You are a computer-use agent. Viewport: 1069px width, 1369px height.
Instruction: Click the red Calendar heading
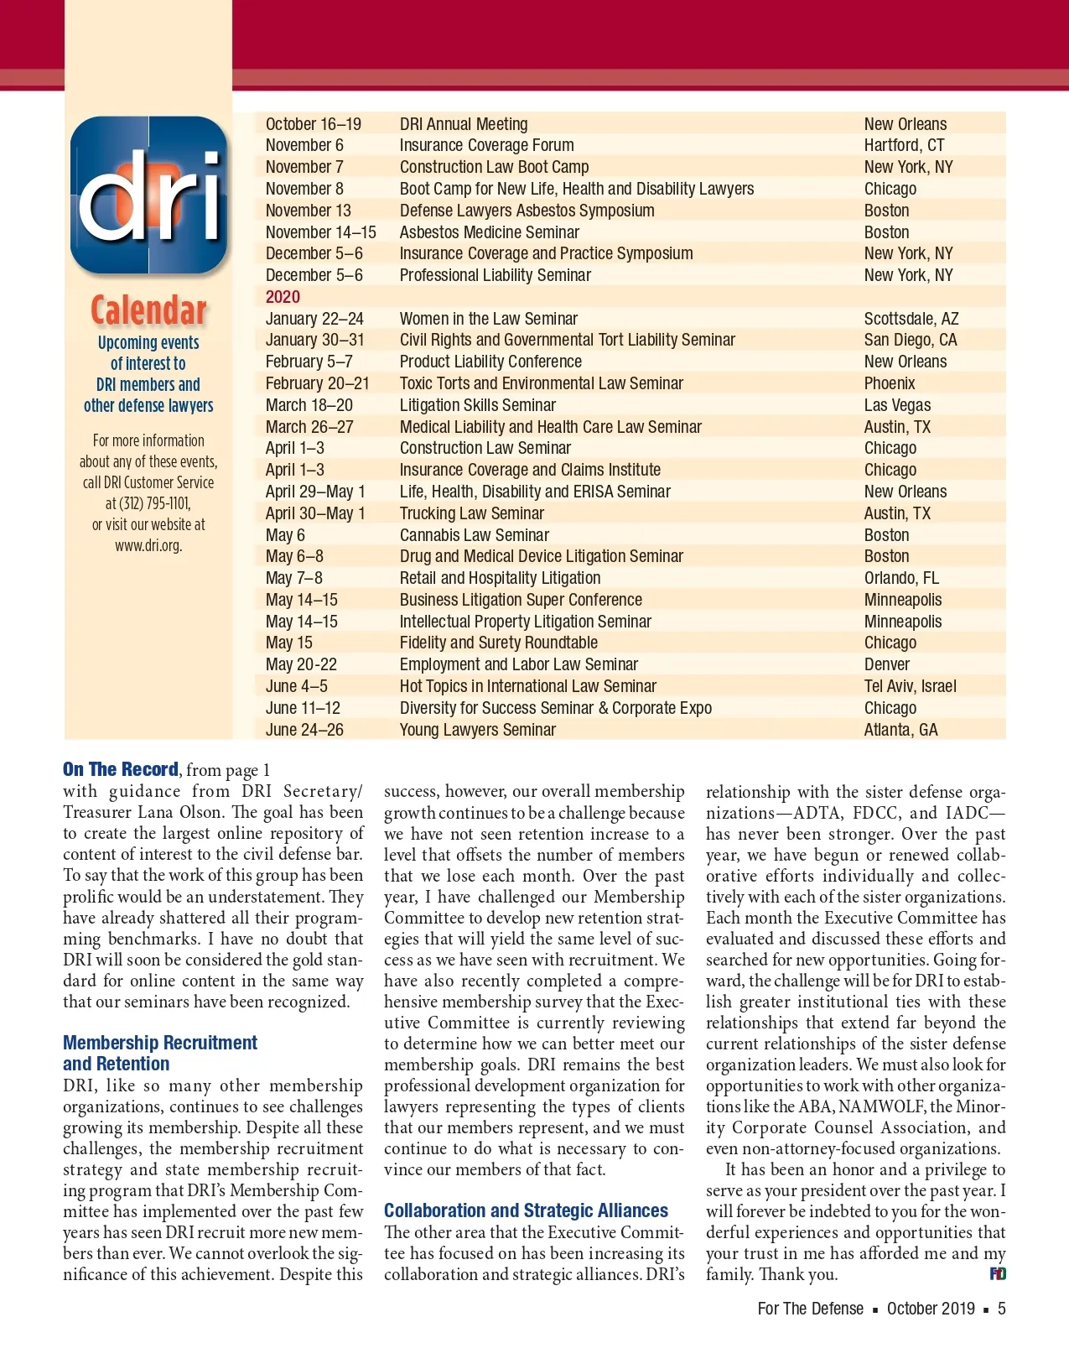pyautogui.click(x=148, y=310)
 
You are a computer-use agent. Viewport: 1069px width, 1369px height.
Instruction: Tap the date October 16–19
pyautogui.click(x=313, y=124)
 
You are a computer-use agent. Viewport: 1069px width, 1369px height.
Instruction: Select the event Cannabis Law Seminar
pyautogui.click(x=474, y=535)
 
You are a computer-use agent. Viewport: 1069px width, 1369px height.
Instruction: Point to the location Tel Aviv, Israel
pyautogui.click(x=910, y=686)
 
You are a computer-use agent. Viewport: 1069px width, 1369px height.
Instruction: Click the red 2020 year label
pyautogui.click(x=283, y=297)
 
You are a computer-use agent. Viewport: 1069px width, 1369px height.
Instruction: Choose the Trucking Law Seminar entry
pyautogui.click(x=471, y=513)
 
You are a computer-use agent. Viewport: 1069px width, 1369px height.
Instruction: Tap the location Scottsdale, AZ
pyautogui.click(x=911, y=319)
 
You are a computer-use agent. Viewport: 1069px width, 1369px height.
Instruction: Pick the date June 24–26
pyautogui.click(x=304, y=730)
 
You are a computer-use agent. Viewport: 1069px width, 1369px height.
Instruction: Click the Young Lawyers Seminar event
pyautogui.click(x=477, y=730)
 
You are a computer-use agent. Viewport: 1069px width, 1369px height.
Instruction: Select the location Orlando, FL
pyautogui.click(x=901, y=578)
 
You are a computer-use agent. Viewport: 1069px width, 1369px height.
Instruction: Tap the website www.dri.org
pyautogui.click(x=148, y=545)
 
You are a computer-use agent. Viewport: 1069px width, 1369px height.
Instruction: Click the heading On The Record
pyautogui.click(x=121, y=769)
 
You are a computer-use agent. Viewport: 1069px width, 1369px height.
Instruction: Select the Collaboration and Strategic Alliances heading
pyautogui.click(x=526, y=1210)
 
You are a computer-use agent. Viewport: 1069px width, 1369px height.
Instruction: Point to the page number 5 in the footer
pyautogui.click(x=1001, y=1309)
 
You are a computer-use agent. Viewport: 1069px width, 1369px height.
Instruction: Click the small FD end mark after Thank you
pyautogui.click(x=998, y=1274)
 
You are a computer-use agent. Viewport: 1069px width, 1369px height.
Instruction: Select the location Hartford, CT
pyautogui.click(x=904, y=145)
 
